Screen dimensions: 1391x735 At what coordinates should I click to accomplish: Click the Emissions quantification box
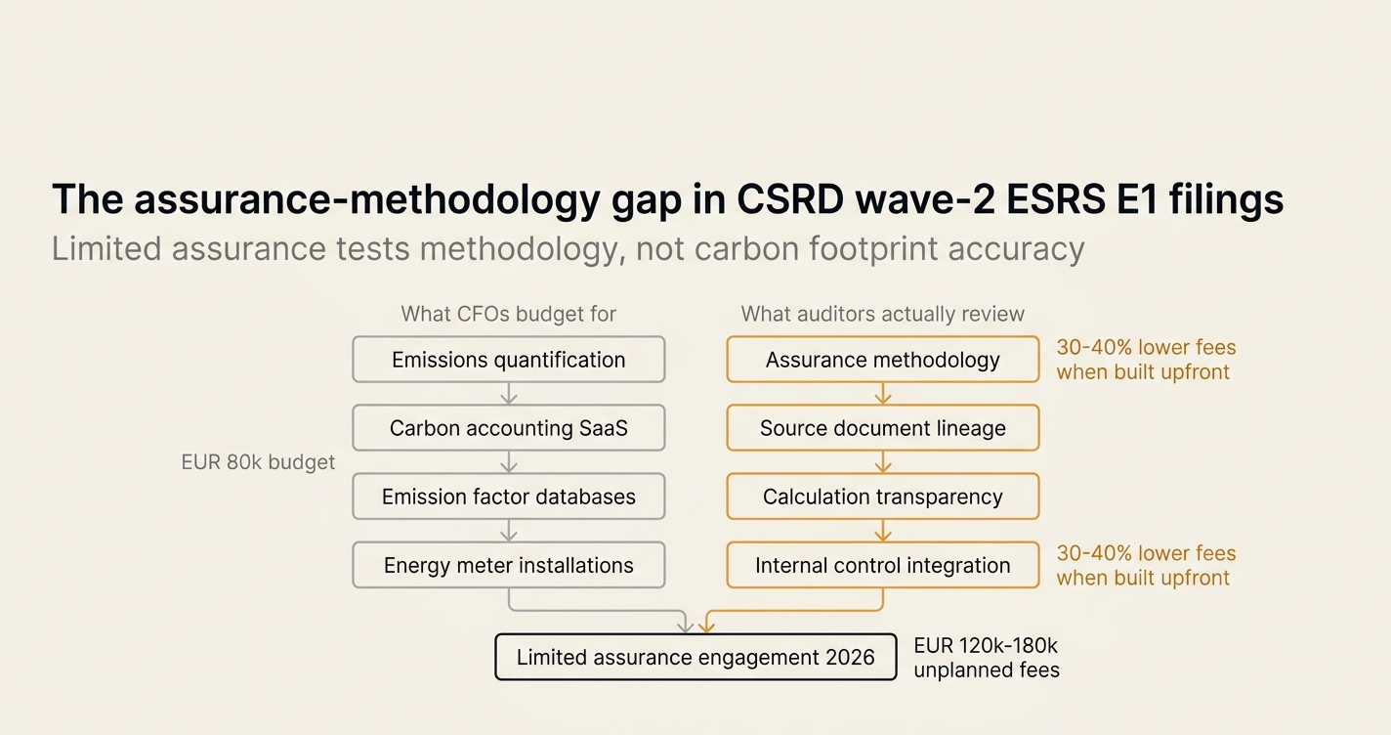509,359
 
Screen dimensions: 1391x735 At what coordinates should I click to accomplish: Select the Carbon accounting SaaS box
509,427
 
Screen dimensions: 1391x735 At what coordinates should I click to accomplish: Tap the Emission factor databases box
509,497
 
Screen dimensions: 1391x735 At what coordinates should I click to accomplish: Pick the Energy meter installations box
509,565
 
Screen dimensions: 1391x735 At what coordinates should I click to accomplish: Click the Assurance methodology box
882,359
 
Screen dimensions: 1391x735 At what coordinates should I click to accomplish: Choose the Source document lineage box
882,427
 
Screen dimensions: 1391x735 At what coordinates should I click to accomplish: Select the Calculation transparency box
882,497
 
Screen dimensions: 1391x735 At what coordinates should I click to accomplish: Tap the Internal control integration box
882,565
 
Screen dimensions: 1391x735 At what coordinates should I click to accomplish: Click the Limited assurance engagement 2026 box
695,657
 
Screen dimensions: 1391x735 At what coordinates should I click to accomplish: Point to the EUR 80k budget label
258,462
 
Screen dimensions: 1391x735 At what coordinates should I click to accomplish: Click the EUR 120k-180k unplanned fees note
987,658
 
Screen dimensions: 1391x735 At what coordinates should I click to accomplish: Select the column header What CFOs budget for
509,314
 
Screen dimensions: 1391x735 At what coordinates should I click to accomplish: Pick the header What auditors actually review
882,314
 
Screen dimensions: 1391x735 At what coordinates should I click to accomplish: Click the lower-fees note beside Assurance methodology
1147,359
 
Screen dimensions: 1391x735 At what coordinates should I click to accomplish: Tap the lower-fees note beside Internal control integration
1147,565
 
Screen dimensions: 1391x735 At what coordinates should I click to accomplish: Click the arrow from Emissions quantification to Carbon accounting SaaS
509,394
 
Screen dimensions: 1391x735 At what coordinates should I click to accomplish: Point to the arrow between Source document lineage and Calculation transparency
882,462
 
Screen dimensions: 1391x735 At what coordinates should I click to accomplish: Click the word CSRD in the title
790,199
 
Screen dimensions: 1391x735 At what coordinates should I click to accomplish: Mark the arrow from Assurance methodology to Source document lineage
882,394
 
